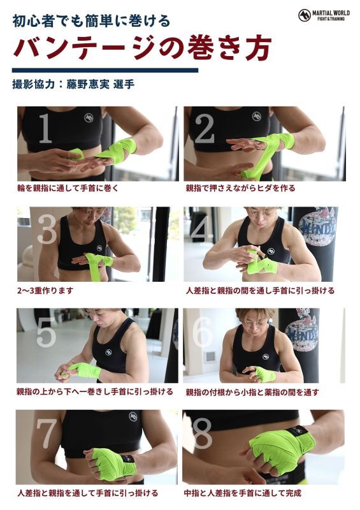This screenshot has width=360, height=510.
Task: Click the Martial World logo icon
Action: click(x=305, y=15)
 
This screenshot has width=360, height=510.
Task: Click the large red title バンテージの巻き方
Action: click(x=143, y=48)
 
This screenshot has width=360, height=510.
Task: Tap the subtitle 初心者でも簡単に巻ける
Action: click(x=91, y=22)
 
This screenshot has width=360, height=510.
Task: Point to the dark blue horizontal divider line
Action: click(x=105, y=70)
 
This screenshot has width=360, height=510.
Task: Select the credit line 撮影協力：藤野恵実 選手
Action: click(x=73, y=84)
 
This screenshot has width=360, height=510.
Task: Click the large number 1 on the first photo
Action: click(x=45, y=128)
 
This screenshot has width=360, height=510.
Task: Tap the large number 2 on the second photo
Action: click(x=205, y=128)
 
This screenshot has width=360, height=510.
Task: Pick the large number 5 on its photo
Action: click(x=46, y=331)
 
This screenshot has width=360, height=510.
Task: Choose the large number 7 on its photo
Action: click(x=47, y=433)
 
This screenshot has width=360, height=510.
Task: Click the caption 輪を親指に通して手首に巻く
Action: click(x=68, y=188)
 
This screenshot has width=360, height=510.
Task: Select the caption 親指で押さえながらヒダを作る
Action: click(x=240, y=188)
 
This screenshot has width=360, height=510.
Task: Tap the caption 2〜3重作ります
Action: click(x=45, y=290)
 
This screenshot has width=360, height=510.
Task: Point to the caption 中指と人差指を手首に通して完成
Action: click(x=243, y=493)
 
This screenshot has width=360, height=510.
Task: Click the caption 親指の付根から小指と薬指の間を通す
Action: click(x=252, y=392)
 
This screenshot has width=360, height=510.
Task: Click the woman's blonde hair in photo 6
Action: click(x=251, y=314)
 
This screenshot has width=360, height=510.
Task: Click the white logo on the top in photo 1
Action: click(x=89, y=117)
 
